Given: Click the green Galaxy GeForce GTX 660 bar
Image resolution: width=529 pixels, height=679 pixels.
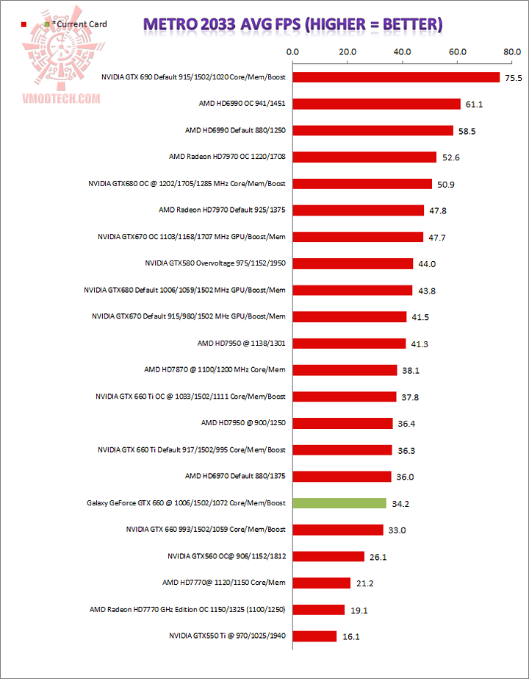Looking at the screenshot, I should click(339, 503).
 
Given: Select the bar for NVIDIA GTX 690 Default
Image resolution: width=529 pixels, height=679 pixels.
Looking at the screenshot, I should click(395, 77).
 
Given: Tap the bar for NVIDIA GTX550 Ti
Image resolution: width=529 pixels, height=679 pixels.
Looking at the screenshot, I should click(314, 636).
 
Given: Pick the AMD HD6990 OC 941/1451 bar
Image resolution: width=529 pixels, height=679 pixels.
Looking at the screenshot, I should click(376, 104).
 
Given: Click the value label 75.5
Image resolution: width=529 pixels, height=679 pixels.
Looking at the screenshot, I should click(513, 78).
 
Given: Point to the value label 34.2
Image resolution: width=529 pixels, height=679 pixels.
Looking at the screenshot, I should click(400, 504).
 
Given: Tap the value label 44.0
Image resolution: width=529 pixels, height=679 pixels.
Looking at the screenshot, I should click(427, 264).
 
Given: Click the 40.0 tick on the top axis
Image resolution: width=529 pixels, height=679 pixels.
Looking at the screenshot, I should click(402, 52).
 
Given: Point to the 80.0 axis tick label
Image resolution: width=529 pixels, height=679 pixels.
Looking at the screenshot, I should click(512, 52).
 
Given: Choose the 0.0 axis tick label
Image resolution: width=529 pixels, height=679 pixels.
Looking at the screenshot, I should click(292, 52).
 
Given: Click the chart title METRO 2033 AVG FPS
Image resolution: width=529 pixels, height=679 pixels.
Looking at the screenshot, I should click(292, 24).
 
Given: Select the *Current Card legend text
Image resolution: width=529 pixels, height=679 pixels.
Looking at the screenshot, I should click(79, 24).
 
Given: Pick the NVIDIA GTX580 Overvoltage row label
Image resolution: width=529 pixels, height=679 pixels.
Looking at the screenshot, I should click(215, 263).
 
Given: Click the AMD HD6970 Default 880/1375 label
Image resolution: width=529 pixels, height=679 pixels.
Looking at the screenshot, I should click(235, 477).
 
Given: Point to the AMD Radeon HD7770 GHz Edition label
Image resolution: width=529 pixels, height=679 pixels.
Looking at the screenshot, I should click(187, 609).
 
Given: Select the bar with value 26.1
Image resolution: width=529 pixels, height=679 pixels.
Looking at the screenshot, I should click(328, 556).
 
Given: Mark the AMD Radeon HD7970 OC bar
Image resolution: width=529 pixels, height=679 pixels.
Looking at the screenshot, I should click(364, 157).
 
